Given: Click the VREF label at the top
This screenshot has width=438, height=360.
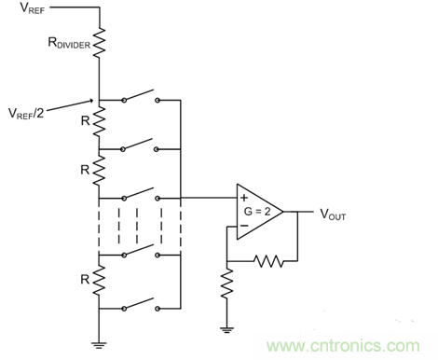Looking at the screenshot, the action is click(x=33, y=7).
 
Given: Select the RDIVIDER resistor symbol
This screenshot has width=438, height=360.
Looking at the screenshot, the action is click(x=100, y=42).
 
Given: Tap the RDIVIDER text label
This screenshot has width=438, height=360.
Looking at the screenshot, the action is click(x=69, y=43).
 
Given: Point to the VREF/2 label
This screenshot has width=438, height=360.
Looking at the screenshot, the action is click(x=26, y=113).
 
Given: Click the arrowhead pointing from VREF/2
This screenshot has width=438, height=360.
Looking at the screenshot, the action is click(x=91, y=101).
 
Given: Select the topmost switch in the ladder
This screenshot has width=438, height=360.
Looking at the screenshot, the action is click(x=141, y=96).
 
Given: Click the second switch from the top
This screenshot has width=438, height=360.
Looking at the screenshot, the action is click(x=140, y=145).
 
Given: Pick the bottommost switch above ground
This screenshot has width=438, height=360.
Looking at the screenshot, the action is click(x=141, y=304).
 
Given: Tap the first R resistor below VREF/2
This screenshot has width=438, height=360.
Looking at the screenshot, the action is click(x=100, y=120).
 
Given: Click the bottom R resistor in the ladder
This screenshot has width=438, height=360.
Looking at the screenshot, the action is click(x=100, y=280).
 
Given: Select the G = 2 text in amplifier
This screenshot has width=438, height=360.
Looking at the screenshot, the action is click(x=257, y=212).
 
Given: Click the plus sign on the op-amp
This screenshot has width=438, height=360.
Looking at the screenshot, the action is click(x=244, y=198).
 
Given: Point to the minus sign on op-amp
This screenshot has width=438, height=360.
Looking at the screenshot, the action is click(x=244, y=226).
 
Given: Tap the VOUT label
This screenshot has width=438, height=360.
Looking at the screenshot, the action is click(x=333, y=215).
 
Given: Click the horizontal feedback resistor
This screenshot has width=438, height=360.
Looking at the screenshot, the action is click(x=268, y=261).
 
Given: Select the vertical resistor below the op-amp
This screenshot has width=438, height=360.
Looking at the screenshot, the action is click(x=227, y=284).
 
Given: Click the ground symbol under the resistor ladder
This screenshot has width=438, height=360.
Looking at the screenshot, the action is click(x=99, y=345).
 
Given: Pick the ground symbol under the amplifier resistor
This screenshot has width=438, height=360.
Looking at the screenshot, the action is click(x=226, y=330).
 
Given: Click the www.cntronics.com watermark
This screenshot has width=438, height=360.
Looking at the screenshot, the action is click(x=343, y=346).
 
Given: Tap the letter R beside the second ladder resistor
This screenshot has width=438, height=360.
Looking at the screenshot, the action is click(x=85, y=170).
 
